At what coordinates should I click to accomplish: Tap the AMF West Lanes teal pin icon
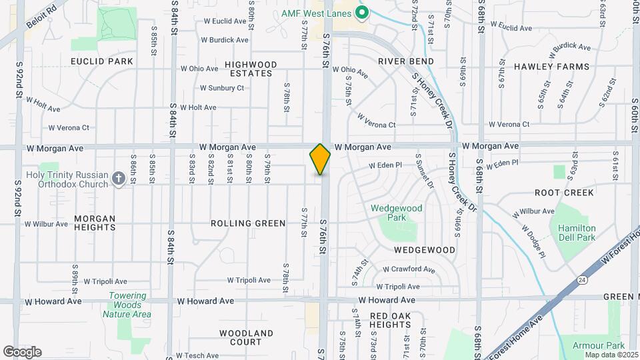[x=363, y=12]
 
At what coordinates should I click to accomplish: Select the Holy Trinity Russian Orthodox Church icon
[x=118, y=178]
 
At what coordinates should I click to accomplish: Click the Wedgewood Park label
[x=397, y=213]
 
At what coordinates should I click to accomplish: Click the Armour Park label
[x=599, y=345]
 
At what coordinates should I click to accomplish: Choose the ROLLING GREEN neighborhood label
[x=248, y=223]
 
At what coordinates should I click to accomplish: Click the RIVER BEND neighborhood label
[x=406, y=61]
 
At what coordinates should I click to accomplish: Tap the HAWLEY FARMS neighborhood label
[x=551, y=67]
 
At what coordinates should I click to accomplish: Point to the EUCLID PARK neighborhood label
[x=102, y=61]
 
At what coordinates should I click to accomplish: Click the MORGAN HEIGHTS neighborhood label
[x=95, y=223]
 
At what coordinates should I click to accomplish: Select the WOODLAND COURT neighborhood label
[x=246, y=337]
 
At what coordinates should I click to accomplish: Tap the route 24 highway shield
[x=581, y=280]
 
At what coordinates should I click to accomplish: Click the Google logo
[x=22, y=352]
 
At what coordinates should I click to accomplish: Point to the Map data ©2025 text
[x=611, y=354]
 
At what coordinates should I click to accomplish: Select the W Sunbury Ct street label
[x=222, y=88]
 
